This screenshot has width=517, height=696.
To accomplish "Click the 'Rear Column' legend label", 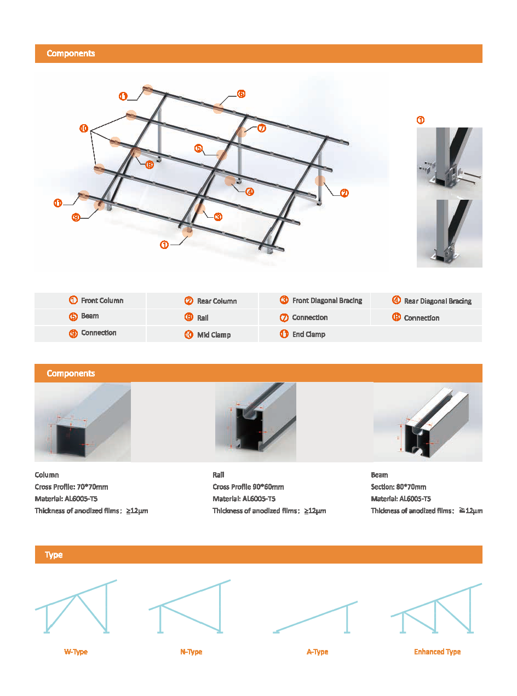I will pyautogui.click(x=216, y=301).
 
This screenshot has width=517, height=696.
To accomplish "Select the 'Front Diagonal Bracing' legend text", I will pyautogui.click(x=327, y=300).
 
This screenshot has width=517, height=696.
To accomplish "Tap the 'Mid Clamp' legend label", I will pyautogui.click(x=214, y=335).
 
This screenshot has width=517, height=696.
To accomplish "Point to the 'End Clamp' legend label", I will pyautogui.click(x=308, y=334).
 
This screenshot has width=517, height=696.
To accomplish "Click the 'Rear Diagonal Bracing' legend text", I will pyautogui.click(x=438, y=301).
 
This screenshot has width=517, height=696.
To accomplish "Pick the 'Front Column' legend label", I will pyautogui.click(x=102, y=300).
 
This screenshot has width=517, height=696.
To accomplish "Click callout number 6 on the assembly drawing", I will pyautogui.click(x=241, y=94).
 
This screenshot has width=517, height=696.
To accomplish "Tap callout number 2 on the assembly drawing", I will pyautogui.click(x=344, y=193).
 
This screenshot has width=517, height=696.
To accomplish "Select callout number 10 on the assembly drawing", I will pyautogui.click(x=84, y=129).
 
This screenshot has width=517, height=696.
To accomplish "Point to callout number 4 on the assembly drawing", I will pyautogui.click(x=249, y=192).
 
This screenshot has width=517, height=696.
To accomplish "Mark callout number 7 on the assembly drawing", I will pyautogui.click(x=261, y=128).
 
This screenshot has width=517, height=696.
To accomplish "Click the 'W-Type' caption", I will pyautogui.click(x=76, y=652).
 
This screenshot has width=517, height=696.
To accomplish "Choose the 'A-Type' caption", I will pyautogui.click(x=317, y=652).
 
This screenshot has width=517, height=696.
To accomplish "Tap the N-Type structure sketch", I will pyautogui.click(x=189, y=607).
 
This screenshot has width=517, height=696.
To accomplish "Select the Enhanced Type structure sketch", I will pyautogui.click(x=436, y=608).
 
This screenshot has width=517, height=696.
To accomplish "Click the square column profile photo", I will pyautogui.click(x=82, y=422).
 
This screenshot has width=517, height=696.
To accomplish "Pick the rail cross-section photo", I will pyautogui.click(x=255, y=422).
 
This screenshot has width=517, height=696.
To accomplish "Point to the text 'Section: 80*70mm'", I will pyautogui.click(x=398, y=487).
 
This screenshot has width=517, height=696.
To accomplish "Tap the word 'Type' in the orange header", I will pyautogui.click(x=54, y=555).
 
